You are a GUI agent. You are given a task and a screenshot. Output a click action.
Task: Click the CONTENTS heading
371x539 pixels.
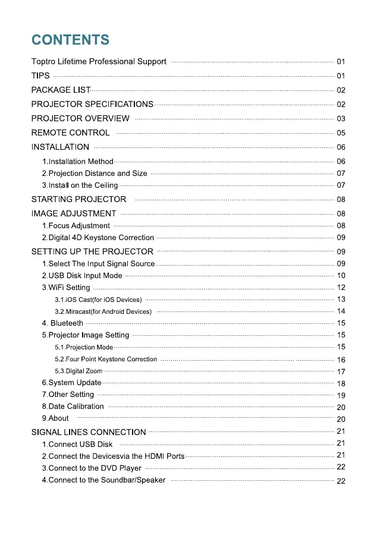point(70,40)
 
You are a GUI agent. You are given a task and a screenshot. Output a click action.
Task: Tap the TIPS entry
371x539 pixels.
point(40,75)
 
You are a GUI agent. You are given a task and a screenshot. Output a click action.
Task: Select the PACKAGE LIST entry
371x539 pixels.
point(61,90)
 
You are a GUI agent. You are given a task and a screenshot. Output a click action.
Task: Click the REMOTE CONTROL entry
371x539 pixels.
point(70,133)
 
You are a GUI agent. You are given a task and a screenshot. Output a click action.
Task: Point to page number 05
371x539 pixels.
point(341,133)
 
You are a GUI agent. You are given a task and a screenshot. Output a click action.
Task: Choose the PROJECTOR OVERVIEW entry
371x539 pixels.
point(80,118)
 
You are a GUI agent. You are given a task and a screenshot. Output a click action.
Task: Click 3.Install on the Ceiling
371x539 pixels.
point(80,185)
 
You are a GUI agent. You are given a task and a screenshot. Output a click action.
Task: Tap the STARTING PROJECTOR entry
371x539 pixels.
point(78,199)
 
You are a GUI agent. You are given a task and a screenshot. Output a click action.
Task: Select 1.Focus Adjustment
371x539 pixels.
point(76,226)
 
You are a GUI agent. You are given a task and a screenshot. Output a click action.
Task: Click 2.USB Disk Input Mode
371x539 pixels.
point(82,276)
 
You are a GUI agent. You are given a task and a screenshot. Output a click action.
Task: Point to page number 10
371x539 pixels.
point(341,276)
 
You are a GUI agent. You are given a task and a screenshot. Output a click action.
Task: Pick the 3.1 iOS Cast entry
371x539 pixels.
point(98,300)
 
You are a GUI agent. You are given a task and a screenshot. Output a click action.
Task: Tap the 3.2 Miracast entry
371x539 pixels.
point(103,311)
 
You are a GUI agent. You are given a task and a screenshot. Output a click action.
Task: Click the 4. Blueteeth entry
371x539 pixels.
point(62,323)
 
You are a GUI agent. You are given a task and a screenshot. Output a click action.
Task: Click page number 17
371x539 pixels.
point(341,371)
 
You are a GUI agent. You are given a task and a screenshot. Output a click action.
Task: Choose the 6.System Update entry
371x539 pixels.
point(71,383)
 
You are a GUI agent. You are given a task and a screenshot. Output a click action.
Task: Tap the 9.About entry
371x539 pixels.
point(55,418)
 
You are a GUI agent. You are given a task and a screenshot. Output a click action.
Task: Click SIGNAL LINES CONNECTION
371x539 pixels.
point(88,432)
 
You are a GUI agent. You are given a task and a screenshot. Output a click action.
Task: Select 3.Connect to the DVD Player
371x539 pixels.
point(92,468)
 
